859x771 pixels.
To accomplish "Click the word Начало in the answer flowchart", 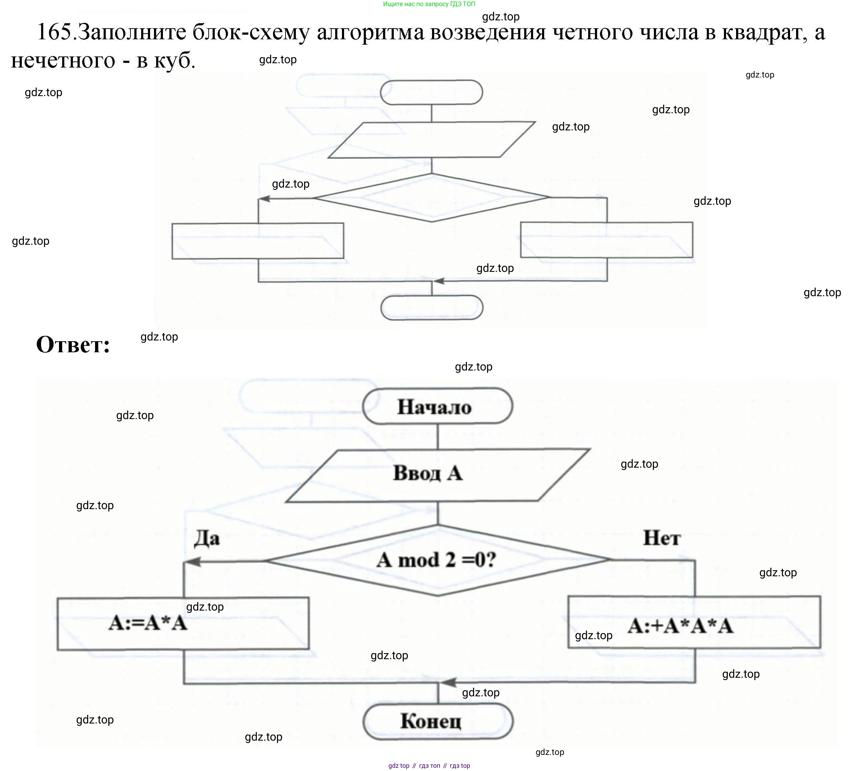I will point(434,407).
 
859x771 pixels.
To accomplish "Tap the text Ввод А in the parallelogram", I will point(428,473).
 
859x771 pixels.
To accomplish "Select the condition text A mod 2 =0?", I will point(436,560).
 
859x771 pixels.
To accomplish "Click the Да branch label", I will point(207,539).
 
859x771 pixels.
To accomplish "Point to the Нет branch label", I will point(662,538).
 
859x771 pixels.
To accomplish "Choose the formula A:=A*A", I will point(148,623).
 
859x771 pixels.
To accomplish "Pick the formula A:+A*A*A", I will point(680,626).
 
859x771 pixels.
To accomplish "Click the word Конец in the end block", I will point(431,721).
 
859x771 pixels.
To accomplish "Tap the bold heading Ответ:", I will point(73,344).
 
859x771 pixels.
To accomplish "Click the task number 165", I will point(55,32).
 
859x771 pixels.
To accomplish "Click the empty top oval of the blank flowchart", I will point(431,92).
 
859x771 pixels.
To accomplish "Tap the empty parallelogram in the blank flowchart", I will point(431,140).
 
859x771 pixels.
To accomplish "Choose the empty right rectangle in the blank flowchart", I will point(606,240).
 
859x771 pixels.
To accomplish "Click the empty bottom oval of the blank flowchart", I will point(432,308).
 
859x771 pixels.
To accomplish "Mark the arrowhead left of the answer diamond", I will point(193,562).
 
